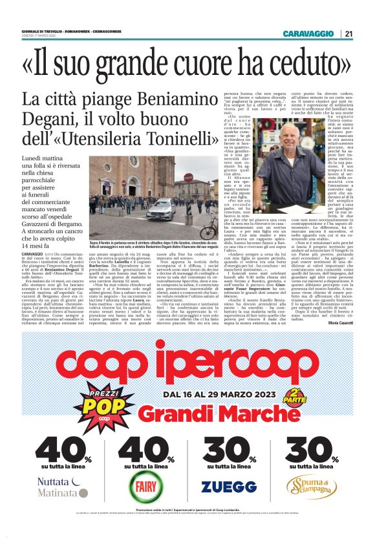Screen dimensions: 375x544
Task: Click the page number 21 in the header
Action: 348,34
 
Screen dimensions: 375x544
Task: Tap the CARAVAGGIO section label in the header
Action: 308,34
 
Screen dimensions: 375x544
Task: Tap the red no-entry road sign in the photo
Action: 187,178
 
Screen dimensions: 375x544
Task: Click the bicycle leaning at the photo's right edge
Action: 208,231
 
